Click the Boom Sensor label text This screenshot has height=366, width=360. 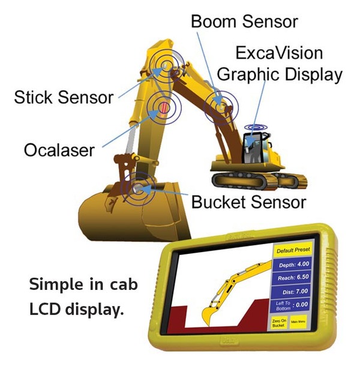[x=244, y=22]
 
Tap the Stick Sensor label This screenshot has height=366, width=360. [x=64, y=96]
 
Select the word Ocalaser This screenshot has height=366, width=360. [x=59, y=149]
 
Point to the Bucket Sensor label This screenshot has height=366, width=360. [x=249, y=202]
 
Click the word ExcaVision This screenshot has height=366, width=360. [x=279, y=53]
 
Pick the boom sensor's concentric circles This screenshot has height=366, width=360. [x=221, y=107]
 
